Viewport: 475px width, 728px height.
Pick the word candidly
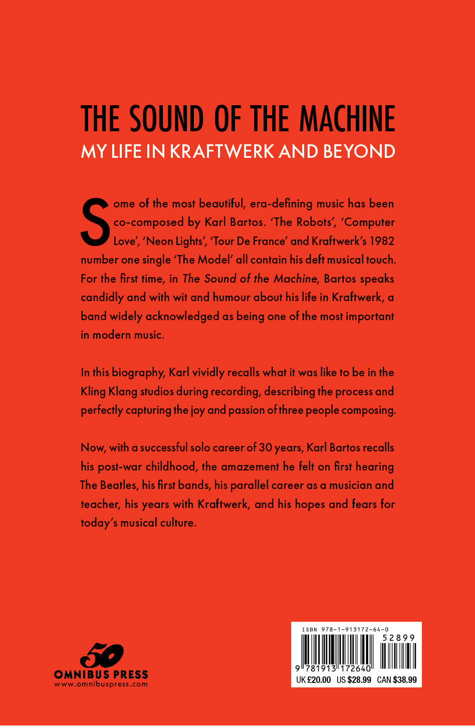[102, 298]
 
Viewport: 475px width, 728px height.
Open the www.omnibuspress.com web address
[101, 684]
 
